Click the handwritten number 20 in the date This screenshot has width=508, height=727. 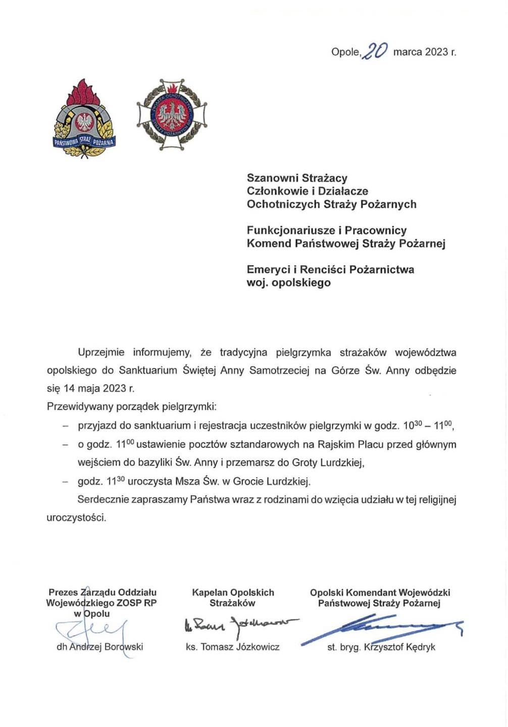tap(376, 51)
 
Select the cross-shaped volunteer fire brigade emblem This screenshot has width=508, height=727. tap(172, 114)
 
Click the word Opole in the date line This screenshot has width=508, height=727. tap(345, 52)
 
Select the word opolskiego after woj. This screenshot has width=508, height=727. tap(301, 283)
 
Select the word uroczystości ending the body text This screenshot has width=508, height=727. tap(76, 518)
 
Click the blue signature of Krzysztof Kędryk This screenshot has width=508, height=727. tap(384, 628)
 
